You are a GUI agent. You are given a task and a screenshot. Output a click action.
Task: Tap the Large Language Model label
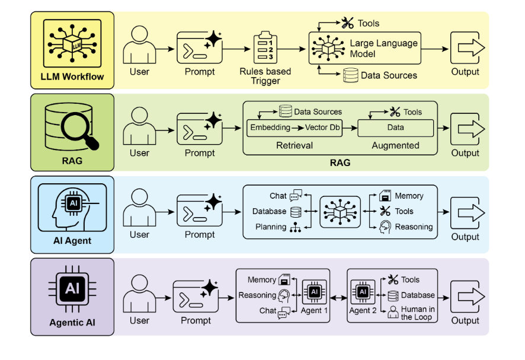[x=383, y=49]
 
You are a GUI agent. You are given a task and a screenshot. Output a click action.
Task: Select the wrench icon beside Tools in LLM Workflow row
[x=347, y=23]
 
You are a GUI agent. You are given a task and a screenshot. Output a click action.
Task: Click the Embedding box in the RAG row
[x=270, y=128]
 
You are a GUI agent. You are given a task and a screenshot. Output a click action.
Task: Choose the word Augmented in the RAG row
[x=395, y=145]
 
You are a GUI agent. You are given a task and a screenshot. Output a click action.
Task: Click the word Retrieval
[x=294, y=145]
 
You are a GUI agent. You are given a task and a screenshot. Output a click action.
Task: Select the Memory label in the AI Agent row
[x=409, y=196]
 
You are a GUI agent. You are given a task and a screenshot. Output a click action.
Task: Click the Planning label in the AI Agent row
[x=271, y=227]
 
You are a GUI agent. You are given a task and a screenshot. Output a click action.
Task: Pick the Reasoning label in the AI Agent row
[x=414, y=227]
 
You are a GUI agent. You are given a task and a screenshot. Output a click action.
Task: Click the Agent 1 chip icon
[x=314, y=292]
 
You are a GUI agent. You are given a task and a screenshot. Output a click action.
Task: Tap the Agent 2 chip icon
[x=363, y=292]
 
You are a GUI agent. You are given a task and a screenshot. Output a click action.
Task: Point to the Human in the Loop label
[x=418, y=313]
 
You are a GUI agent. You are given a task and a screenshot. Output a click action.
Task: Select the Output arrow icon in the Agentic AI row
[x=466, y=296]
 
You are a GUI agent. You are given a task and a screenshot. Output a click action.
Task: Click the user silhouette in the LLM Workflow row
[x=139, y=44]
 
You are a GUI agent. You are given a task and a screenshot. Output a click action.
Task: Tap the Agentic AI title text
[x=72, y=323]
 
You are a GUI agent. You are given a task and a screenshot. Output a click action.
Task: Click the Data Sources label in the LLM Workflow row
[x=389, y=75]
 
